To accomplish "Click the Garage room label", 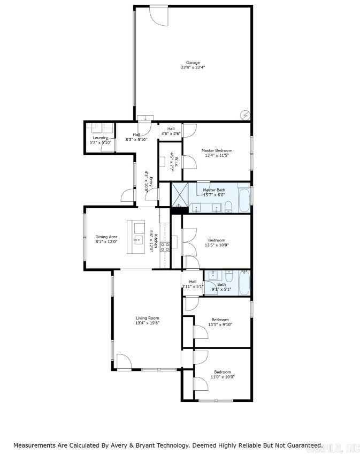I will pos(193,63).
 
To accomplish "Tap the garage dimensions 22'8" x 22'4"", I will pos(193,68).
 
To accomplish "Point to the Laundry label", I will pos(101,138).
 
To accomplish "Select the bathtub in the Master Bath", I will pos(243,200).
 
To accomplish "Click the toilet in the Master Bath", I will pos(228,207).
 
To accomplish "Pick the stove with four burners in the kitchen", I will pos(165,246).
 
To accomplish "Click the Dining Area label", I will pos(106,237).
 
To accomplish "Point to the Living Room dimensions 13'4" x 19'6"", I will pos(147,323).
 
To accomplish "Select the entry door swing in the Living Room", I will pos(123,361).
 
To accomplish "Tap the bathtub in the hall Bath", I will pos(243,283).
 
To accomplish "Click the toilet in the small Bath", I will pos(229,276).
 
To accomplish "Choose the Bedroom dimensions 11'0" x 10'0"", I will pos(223,377).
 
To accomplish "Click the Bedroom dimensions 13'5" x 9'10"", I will pos(220,324).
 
